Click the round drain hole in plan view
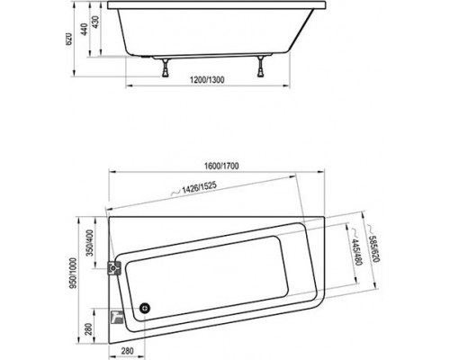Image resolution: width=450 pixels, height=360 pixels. tap(145, 310)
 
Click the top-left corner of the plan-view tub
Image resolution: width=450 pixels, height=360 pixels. tap(107, 214)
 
